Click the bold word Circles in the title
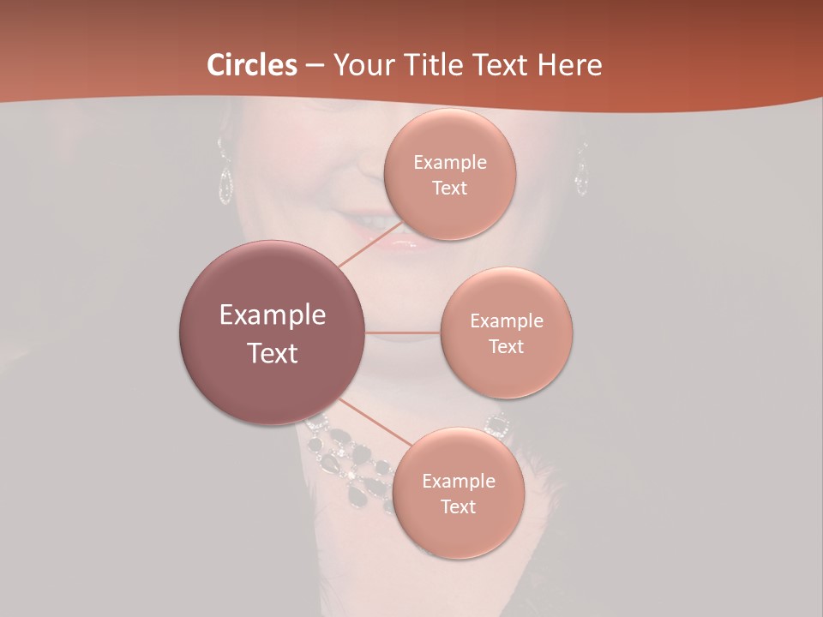coord(252,65)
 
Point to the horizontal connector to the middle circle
coord(403,332)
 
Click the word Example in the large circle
coord(273,315)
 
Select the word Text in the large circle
coord(273,353)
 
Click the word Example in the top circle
coord(450,163)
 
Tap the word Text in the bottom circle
coord(458,506)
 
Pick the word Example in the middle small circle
coord(507,321)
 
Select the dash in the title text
coord(315,66)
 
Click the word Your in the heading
coord(359,65)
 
